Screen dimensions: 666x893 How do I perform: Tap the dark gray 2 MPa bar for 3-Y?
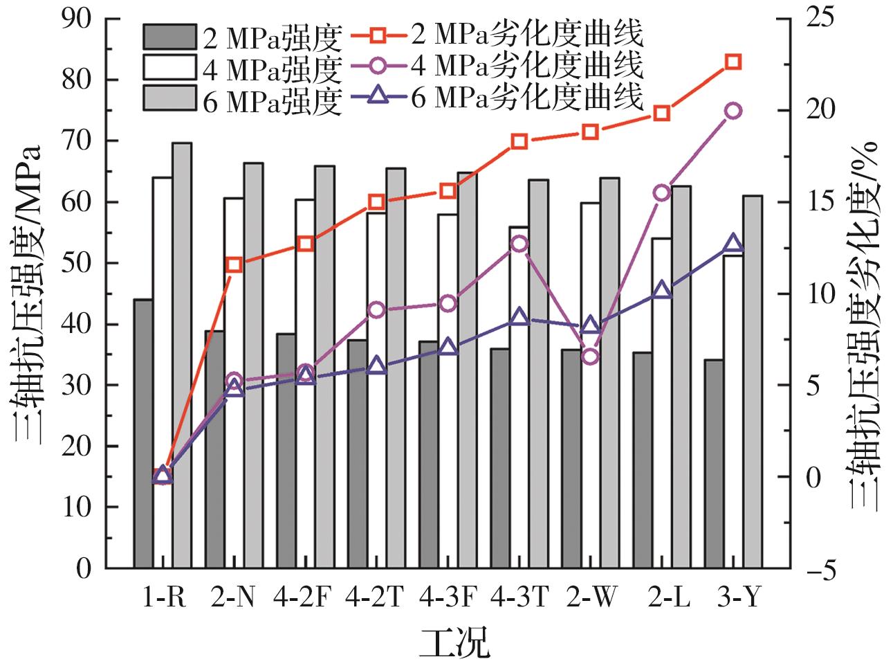click(x=714, y=464)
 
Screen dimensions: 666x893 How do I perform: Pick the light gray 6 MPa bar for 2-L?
click(x=681, y=377)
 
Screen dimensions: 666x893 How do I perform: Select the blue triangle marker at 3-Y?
click(x=733, y=244)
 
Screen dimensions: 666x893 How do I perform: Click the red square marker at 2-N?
click(x=234, y=264)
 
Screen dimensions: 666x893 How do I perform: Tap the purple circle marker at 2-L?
click(x=662, y=192)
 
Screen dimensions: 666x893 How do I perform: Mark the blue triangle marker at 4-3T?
click(x=519, y=317)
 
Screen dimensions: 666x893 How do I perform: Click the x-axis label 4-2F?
click(x=304, y=596)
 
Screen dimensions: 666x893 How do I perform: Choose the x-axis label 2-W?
click(x=590, y=596)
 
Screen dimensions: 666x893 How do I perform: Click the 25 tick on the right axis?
click(x=816, y=19)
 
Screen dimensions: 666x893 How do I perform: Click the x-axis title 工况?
click(x=453, y=642)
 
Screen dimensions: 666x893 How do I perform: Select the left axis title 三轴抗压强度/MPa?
click(x=28, y=294)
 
